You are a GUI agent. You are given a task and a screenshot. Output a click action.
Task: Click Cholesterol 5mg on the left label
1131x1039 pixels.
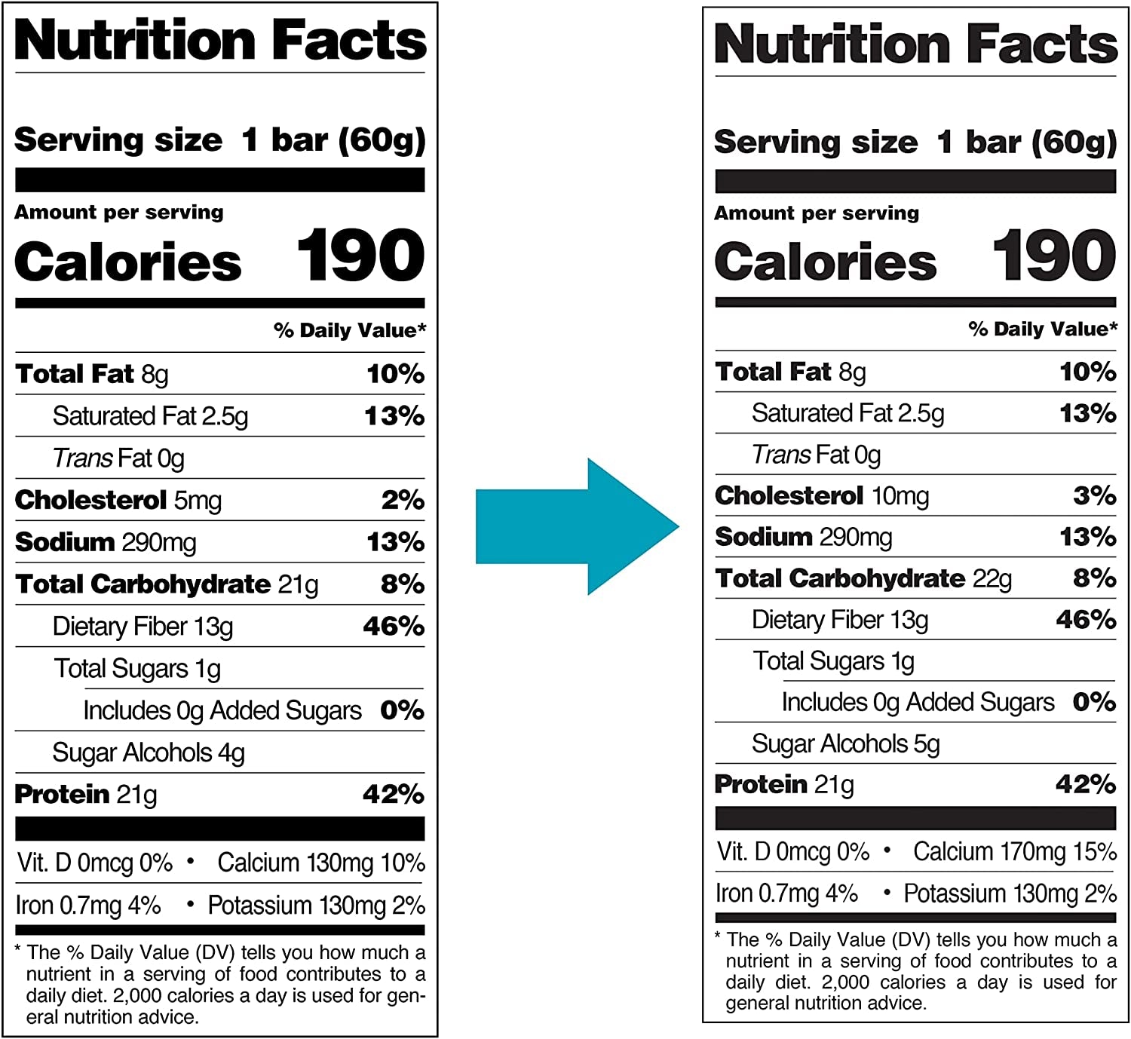(118, 500)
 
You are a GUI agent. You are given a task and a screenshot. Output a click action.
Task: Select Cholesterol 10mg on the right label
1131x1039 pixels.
(821, 495)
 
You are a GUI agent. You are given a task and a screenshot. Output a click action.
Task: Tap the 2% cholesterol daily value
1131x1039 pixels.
(403, 500)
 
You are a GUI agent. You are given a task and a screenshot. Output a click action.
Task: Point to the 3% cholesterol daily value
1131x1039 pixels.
(1094, 495)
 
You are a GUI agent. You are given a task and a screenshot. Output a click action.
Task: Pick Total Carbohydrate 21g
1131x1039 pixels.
(167, 584)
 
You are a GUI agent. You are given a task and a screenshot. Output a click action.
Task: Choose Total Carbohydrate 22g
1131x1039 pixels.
(863, 578)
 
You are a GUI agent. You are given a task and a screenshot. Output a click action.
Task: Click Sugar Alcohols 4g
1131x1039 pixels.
(149, 752)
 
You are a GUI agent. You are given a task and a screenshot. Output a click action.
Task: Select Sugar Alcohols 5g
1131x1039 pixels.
(845, 743)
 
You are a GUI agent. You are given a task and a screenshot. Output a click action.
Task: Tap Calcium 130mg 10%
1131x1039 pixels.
(321, 863)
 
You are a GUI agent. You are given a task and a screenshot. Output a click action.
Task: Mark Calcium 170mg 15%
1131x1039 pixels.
(1014, 852)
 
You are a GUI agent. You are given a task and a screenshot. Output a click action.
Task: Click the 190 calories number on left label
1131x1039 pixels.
(360, 257)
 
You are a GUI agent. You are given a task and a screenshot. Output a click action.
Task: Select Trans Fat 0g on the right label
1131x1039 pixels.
(816, 455)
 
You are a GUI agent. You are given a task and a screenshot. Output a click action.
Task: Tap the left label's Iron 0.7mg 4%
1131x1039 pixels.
(88, 905)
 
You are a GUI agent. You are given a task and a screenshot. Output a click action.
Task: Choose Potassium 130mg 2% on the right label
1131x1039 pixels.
(1010, 893)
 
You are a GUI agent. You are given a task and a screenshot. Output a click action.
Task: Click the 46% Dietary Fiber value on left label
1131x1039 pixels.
(394, 626)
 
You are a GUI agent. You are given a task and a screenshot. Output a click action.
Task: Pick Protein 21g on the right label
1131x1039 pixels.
(784, 785)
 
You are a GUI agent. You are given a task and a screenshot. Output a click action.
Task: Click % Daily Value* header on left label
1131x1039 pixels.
(350, 330)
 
